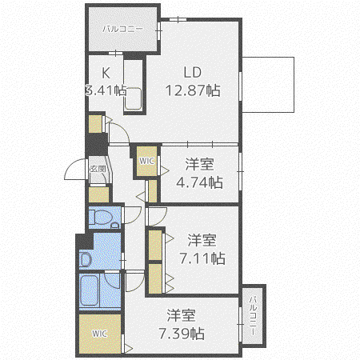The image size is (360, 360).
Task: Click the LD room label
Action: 193,72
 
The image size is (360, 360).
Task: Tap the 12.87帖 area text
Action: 193,90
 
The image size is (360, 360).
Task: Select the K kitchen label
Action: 106,73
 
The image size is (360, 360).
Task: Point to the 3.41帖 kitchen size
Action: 106,90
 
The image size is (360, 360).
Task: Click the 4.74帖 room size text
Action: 199,182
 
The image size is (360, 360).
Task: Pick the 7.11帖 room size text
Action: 202,258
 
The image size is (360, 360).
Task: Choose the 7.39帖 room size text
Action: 182,334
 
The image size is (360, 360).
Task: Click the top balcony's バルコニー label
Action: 123,29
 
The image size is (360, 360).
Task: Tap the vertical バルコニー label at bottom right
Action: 253,315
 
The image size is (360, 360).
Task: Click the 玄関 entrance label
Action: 98,169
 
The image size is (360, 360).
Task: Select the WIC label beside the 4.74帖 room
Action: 146,161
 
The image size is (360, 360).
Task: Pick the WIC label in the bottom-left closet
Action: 99,334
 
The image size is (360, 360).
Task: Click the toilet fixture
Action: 103,218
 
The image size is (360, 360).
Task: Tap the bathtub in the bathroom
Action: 89,290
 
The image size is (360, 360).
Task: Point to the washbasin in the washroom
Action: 86,259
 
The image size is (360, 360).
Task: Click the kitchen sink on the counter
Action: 133,98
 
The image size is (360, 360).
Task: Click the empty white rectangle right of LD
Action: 268,85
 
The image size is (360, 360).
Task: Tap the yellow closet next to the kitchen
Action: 95,124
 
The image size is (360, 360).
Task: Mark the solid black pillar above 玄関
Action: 97,144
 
